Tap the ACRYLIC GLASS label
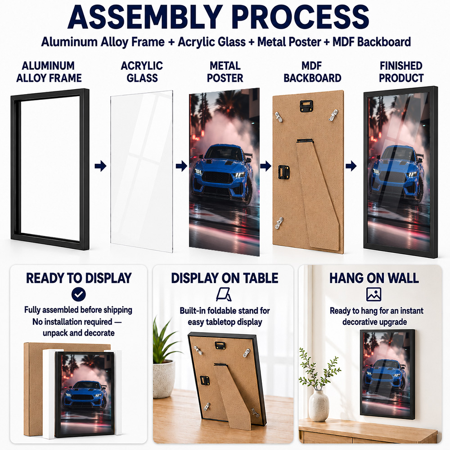click(x=142, y=72)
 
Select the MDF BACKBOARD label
click(x=312, y=72)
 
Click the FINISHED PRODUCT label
click(x=401, y=72)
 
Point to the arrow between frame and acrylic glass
click(x=100, y=166)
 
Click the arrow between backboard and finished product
click(x=351, y=166)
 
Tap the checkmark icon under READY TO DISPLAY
click(x=78, y=294)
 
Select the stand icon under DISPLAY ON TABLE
click(x=224, y=295)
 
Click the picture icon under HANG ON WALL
click(x=373, y=294)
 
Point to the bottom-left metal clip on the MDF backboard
click(x=279, y=223)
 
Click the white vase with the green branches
click(x=319, y=406)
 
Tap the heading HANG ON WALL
click(x=374, y=278)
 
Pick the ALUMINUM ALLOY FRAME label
click(x=49, y=72)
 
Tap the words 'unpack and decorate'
click(x=79, y=333)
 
